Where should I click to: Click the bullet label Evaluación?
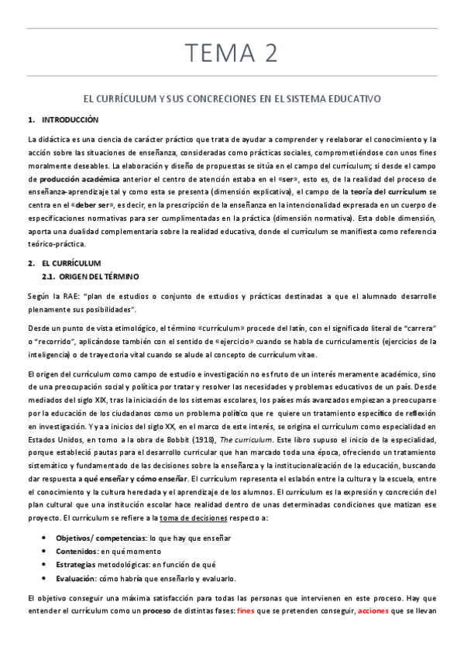coord(76,579)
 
